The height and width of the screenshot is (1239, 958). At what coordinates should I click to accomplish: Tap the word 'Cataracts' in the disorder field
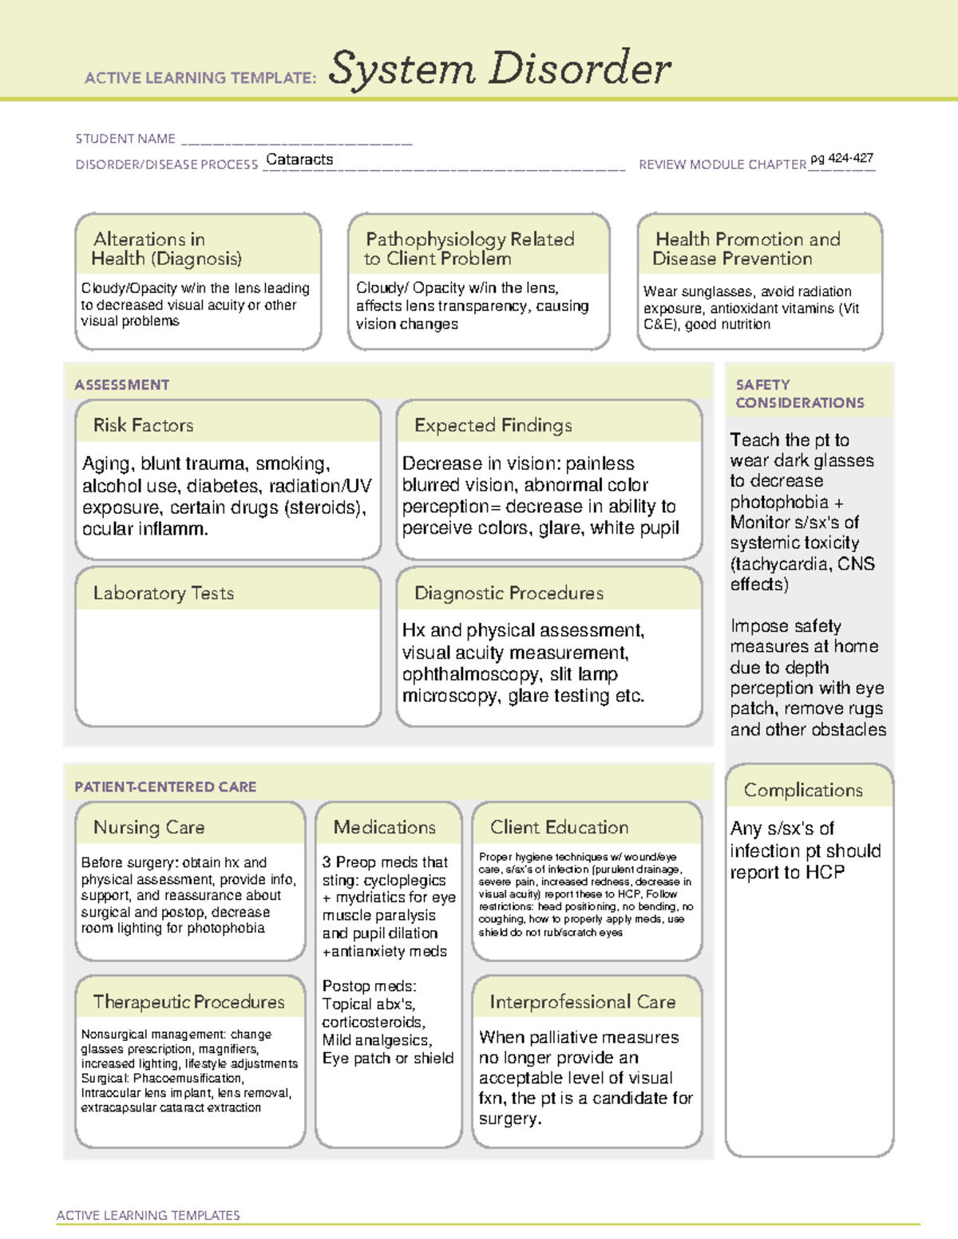(299, 160)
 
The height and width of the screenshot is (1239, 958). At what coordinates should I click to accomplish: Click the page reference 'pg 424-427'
(841, 158)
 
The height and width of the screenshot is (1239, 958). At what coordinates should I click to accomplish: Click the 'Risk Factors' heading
(143, 425)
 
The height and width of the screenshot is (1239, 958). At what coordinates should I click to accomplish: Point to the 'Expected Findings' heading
(493, 425)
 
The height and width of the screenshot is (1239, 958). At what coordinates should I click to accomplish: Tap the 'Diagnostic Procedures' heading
(509, 593)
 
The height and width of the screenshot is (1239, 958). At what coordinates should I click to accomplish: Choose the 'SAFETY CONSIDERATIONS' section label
(799, 393)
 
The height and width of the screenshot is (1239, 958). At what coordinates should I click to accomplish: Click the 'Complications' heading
(803, 790)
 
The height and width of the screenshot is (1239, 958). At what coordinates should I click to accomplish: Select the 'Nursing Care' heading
(148, 827)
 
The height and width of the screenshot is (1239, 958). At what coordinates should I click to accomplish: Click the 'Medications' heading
(385, 827)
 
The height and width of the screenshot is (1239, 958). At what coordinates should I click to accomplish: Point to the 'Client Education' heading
(559, 827)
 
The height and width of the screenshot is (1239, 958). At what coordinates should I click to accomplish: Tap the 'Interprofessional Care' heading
(582, 1001)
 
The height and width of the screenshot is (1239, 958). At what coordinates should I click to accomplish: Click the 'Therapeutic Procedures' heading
(188, 1001)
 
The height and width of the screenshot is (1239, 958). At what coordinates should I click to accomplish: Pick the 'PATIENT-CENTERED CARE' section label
(165, 787)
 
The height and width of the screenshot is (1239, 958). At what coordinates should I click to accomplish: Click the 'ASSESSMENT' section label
(121, 385)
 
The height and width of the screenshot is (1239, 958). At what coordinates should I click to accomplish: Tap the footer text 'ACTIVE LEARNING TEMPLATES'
(148, 1215)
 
